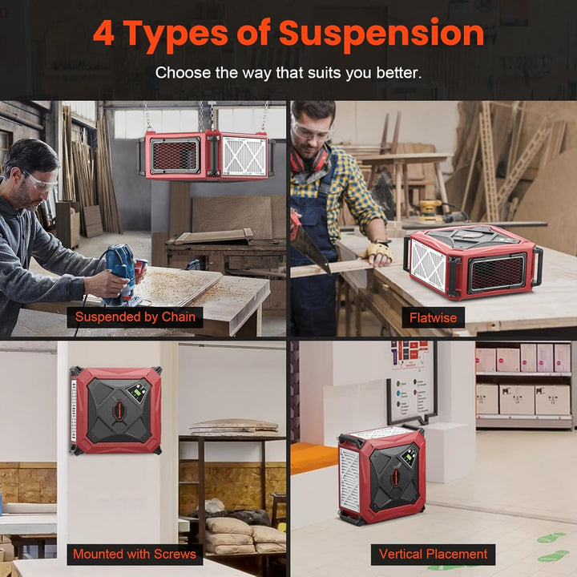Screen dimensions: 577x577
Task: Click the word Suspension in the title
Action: [381, 34]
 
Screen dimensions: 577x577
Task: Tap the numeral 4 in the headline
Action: [105, 34]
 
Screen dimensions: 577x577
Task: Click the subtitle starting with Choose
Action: [288, 73]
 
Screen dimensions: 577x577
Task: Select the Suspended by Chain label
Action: [135, 317]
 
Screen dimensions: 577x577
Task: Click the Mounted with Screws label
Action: [134, 554]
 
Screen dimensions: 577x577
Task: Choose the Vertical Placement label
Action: [433, 554]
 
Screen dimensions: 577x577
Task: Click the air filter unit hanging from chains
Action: [208, 155]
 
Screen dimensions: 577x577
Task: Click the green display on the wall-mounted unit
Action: [139, 392]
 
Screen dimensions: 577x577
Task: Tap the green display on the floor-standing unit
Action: [410, 458]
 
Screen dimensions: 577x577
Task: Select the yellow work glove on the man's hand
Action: [379, 252]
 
